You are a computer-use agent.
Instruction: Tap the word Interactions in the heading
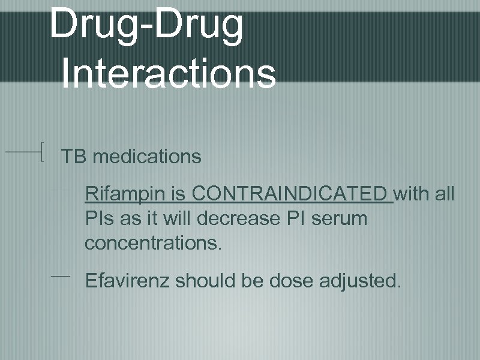169,73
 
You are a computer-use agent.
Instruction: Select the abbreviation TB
74,157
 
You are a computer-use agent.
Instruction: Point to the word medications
148,157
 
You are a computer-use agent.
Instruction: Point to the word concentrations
153,244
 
